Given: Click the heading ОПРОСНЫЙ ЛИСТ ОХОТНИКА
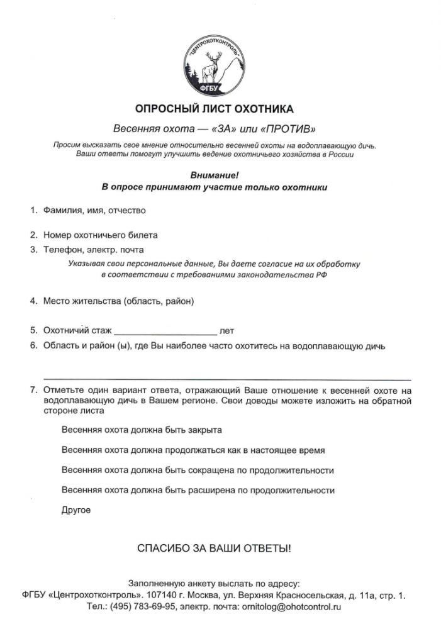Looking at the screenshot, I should point(215,109).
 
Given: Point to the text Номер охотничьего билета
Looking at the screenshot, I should point(100,235).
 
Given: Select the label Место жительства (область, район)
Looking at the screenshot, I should point(119,301).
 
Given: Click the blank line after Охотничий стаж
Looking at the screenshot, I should point(165,330).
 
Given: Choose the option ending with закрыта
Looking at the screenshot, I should point(142,430).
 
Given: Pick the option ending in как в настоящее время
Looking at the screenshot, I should point(193,450).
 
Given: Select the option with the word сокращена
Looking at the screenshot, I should point(198,470).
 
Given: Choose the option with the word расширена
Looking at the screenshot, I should point(198,490).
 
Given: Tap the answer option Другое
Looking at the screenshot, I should point(76,509).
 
